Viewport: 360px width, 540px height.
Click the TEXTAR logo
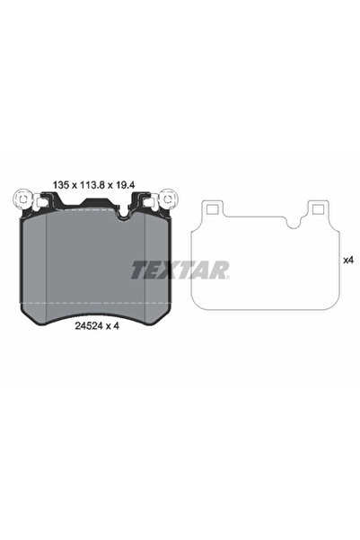tap(180, 269)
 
